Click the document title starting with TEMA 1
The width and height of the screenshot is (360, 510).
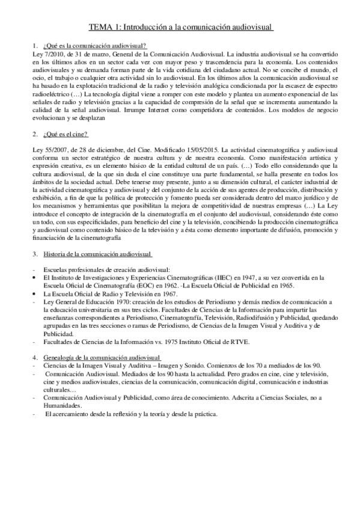[181, 27]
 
